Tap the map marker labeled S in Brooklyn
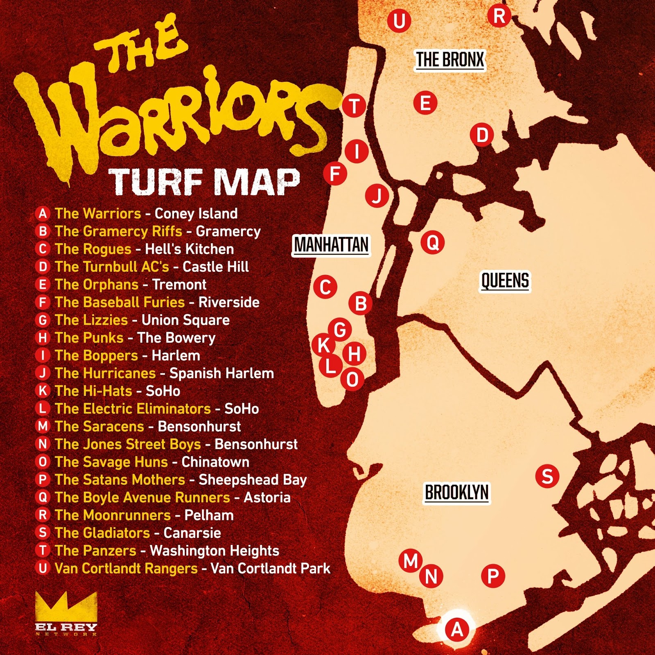(547, 476)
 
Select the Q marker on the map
(433, 242)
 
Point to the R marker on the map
(499, 16)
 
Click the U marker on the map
(399, 21)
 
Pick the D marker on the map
(482, 135)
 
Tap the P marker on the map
(493, 576)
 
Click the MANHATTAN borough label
(331, 245)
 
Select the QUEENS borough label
(505, 281)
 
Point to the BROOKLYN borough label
(456, 492)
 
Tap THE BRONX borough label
(450, 60)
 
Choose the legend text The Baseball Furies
(120, 303)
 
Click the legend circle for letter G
(43, 320)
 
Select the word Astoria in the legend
(267, 497)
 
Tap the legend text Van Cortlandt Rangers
(126, 569)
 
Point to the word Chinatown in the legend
(215, 462)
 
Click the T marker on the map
(354, 106)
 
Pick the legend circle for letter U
(43, 568)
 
